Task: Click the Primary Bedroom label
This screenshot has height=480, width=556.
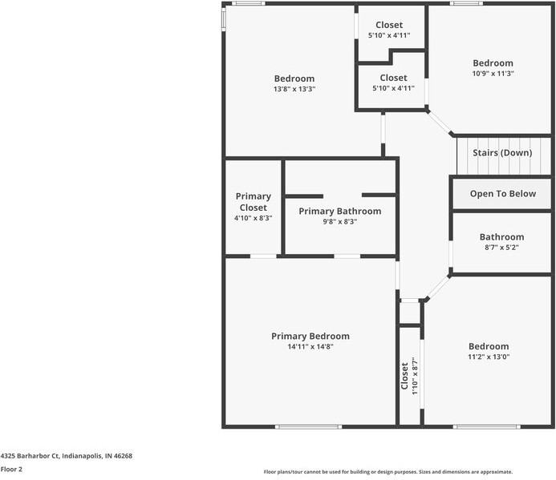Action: coord(310,336)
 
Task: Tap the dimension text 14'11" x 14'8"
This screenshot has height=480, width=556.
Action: coord(310,346)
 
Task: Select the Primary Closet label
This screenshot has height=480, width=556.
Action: coord(253,202)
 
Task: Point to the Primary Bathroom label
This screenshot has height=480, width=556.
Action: coord(339,211)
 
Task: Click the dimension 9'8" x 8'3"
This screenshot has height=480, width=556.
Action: coord(339,222)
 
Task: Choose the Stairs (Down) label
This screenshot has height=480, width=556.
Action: coord(502,152)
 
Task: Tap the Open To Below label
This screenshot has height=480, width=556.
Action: coord(502,194)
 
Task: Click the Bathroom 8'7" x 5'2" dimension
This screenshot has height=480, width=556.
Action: coord(501,248)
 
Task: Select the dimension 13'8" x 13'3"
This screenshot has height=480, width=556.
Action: coord(294,90)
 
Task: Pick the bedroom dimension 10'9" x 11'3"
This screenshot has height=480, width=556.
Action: coord(493,74)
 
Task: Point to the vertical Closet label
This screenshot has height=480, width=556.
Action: coord(404,376)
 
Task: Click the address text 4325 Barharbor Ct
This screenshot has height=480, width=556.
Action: coord(66,455)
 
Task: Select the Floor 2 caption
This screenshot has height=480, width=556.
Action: coord(11,469)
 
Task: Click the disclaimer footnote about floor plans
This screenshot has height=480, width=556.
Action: coord(388,472)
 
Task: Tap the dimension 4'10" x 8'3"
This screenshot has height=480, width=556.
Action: coord(253,218)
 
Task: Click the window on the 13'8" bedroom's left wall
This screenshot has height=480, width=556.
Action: coord(224,20)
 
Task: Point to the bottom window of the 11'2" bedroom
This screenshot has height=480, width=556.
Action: coord(475,426)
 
